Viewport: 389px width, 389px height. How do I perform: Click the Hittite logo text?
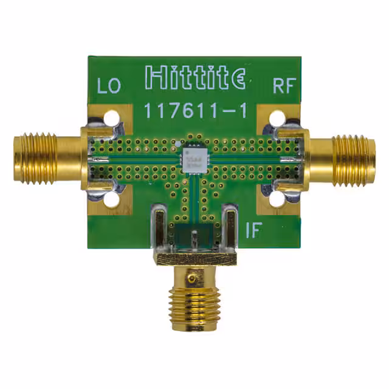[195, 78]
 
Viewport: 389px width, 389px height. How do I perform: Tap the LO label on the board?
[109, 86]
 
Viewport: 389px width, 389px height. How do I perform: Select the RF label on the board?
[283, 86]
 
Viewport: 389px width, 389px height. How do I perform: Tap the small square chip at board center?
[193, 157]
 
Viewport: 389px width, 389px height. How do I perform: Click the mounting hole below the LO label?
[111, 117]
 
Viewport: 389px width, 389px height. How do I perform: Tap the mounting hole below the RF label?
[277, 117]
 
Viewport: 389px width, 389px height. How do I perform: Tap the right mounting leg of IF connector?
[230, 228]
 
